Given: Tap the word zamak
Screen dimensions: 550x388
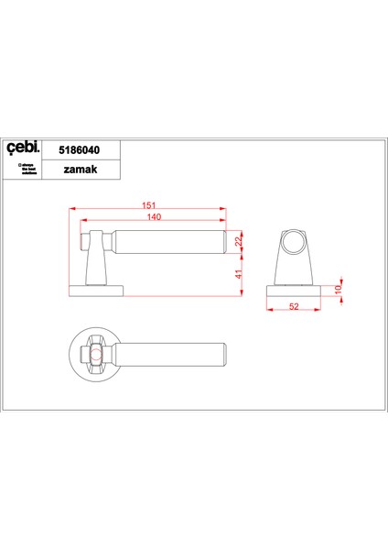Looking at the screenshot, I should (83, 170).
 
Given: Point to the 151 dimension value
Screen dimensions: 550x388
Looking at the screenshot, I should (149, 205).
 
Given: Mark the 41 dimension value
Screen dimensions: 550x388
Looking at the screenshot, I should (239, 273).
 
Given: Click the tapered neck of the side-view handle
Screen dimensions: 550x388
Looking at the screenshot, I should (97, 268).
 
